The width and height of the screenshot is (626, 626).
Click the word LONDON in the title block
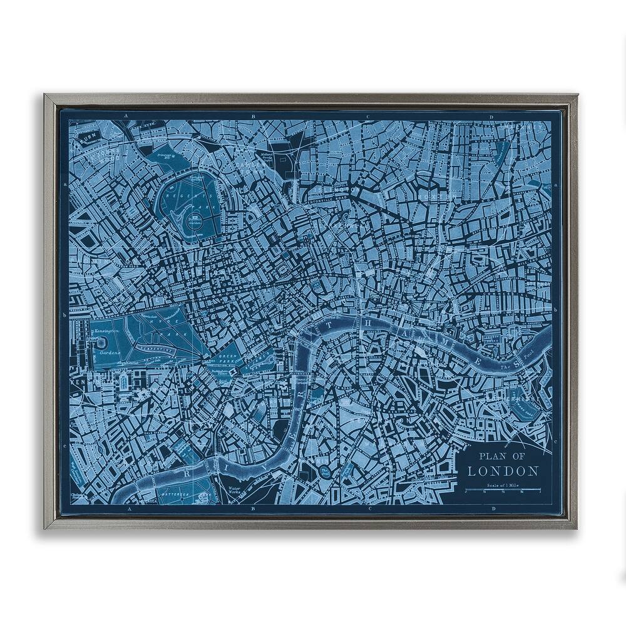(x=503, y=470)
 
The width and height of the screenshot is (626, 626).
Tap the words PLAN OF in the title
(x=502, y=456)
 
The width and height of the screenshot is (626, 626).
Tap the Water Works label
(x=234, y=490)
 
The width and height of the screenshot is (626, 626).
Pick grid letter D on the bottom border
(x=495, y=509)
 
